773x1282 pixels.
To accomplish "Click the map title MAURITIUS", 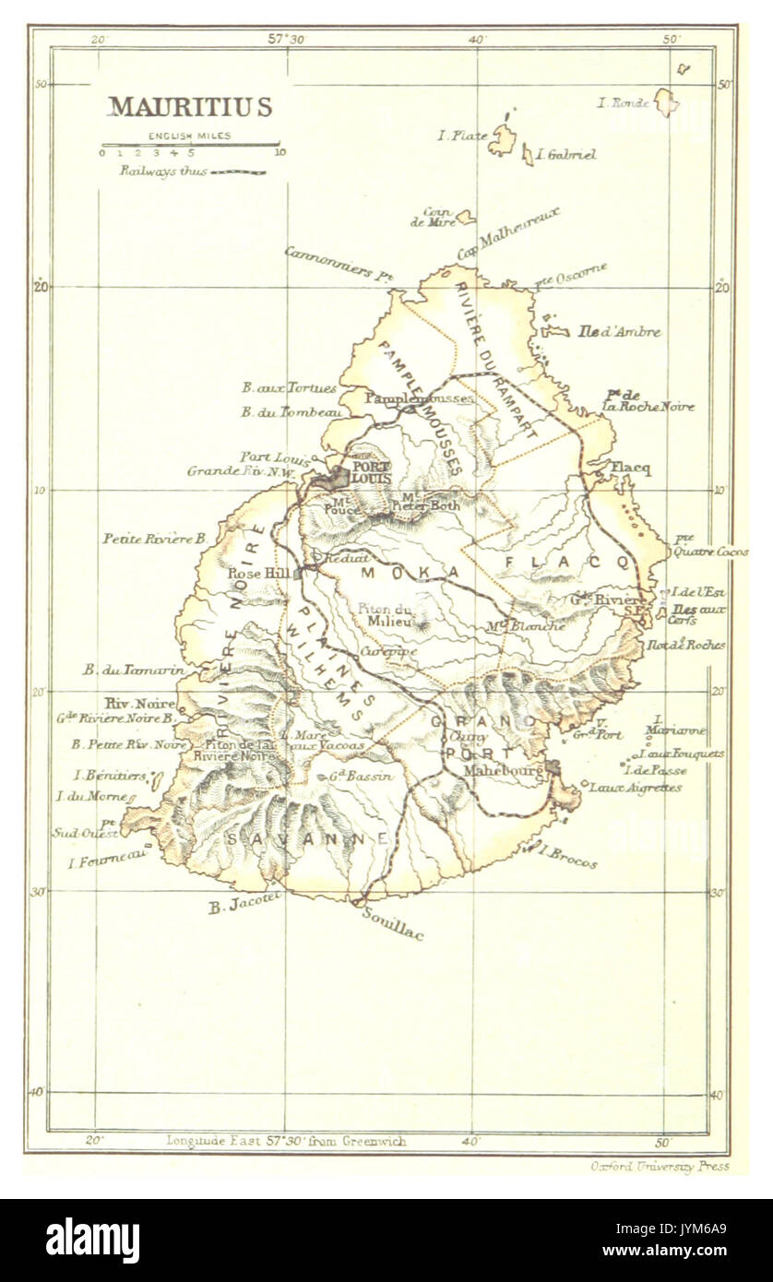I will pyautogui.click(x=190, y=107).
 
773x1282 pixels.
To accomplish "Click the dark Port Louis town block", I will pyautogui.click(x=333, y=478).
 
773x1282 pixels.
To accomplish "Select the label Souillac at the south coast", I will pyautogui.click(x=393, y=924).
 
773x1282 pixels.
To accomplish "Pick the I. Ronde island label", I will pyautogui.click(x=624, y=103).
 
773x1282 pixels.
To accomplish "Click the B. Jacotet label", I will pyautogui.click(x=244, y=907).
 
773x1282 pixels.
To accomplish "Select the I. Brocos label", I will pyautogui.click(x=566, y=857).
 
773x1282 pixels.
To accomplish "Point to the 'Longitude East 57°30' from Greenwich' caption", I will pyautogui.click(x=285, y=1141).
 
